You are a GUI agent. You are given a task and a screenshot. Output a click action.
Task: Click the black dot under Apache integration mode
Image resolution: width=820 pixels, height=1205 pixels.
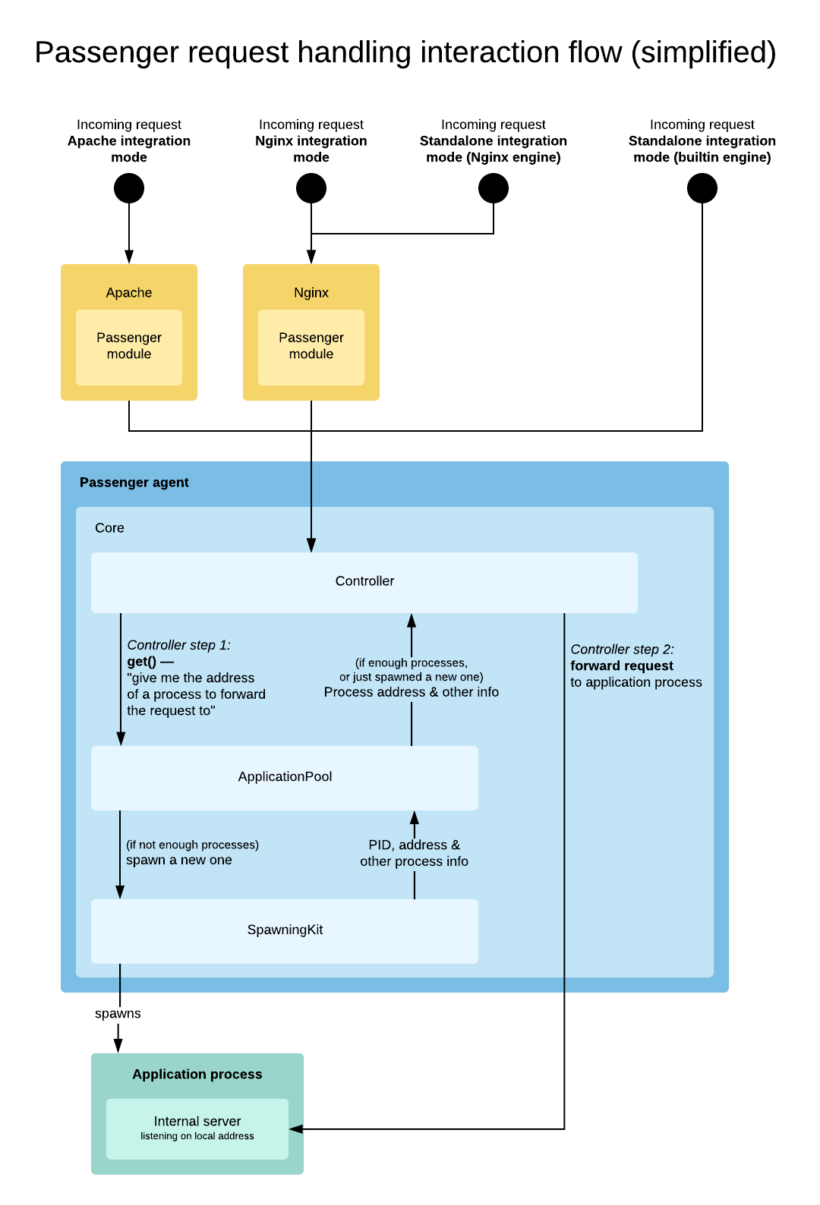coord(129,188)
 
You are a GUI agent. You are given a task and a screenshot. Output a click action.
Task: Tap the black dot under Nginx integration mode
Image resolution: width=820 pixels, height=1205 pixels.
coord(311,188)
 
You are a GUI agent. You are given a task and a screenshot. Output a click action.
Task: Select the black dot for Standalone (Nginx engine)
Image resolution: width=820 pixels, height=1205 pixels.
coord(494,188)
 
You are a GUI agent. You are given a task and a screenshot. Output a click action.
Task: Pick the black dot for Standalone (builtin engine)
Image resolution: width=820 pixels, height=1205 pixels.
coord(702,188)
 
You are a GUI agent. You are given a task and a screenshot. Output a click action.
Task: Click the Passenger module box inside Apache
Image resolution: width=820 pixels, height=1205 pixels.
coord(129,347)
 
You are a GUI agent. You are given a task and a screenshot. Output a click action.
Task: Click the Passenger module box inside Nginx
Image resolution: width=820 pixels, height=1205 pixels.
coord(311,347)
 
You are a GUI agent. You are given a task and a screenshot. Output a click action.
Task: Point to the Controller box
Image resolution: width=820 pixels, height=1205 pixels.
coord(364,582)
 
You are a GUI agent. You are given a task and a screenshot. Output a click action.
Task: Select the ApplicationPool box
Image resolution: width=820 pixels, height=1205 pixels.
coord(285,777)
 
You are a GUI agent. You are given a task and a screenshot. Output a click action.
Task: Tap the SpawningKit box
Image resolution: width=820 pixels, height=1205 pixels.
coord(285,930)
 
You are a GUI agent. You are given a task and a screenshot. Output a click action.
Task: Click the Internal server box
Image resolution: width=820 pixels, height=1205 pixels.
coord(197,1128)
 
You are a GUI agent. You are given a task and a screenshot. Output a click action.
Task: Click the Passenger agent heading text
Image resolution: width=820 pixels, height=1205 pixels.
coord(134,483)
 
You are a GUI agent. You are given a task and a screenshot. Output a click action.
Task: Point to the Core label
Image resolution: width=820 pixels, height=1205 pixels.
coord(109,528)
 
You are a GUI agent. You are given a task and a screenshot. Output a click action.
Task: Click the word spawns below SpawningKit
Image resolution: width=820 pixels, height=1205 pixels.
coord(118,1014)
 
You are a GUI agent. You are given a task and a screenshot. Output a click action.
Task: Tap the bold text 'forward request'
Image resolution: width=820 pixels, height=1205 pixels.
coord(622,666)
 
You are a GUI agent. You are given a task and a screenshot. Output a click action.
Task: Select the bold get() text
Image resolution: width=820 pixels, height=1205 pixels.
coord(142,662)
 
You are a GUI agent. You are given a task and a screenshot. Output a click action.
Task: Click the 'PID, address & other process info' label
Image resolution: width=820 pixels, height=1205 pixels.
coord(414,854)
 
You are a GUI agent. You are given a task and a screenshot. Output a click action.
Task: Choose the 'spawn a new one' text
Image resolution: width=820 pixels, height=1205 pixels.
coord(179,860)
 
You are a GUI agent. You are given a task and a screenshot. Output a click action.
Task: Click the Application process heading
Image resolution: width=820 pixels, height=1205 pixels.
coord(197,1074)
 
